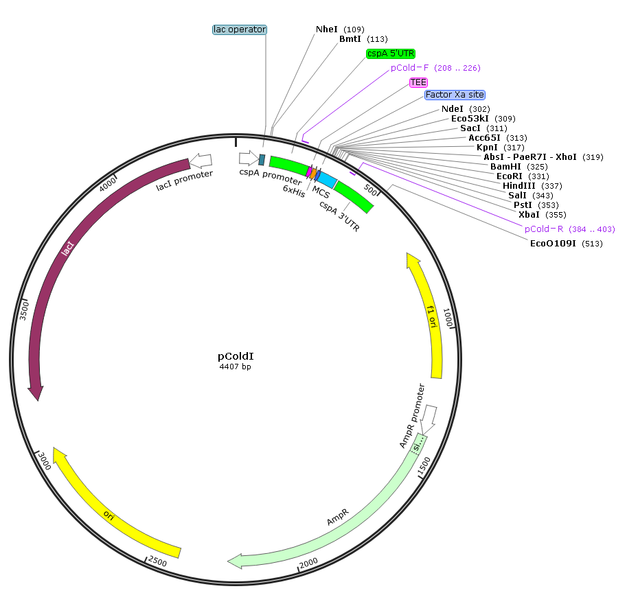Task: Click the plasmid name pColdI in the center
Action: point(236,356)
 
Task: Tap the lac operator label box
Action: point(239,30)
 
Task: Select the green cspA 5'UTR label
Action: point(391,54)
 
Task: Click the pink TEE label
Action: point(418,82)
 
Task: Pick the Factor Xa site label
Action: point(454,95)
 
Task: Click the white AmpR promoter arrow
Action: point(429,415)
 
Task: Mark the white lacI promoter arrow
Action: point(202,161)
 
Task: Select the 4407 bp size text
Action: point(236,367)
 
